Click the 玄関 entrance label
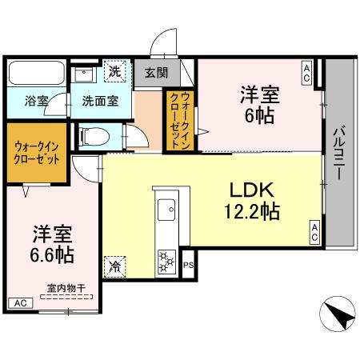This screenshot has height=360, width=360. point(156,73)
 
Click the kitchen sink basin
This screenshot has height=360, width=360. point(169,210)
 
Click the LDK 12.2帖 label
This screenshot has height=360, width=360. point(253,201)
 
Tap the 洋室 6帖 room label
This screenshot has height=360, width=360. point(261,103)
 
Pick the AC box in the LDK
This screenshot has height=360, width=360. point(315,233)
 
